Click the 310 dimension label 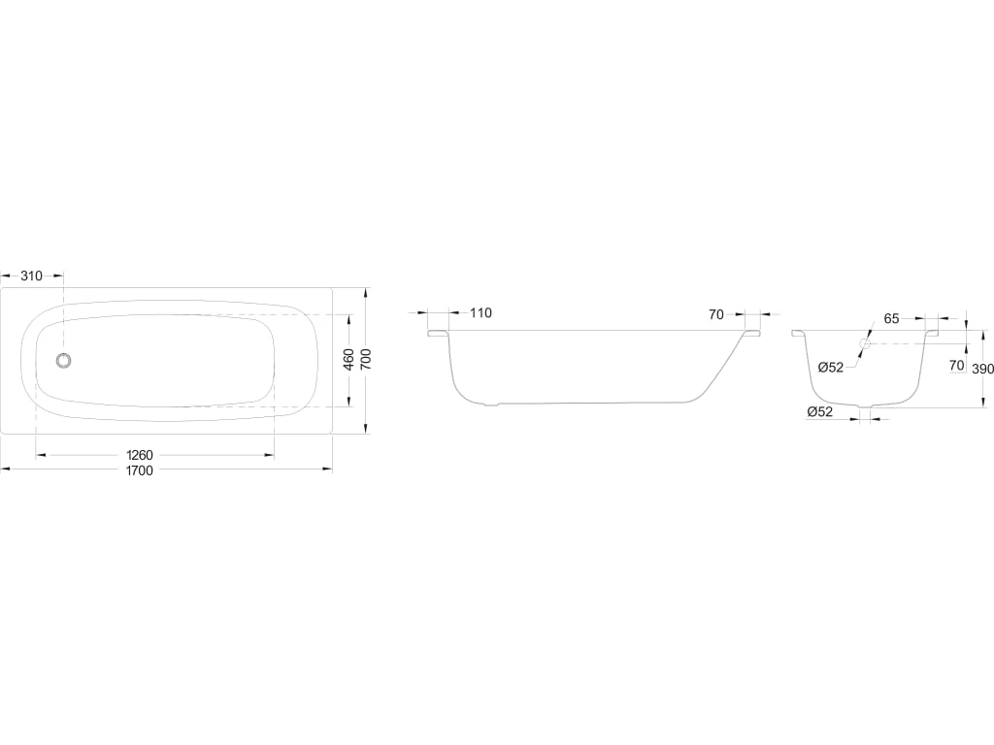31,275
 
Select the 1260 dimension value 140,455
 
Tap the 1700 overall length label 140,470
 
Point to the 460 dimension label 348,359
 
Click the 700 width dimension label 366,359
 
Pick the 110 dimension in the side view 480,313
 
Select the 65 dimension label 891,318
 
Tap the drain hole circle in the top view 63,361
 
